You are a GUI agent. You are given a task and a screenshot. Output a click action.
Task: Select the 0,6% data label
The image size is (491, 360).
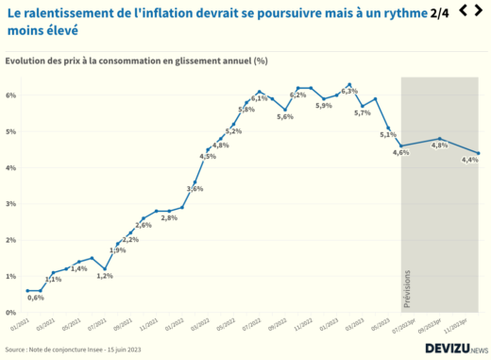[35, 298]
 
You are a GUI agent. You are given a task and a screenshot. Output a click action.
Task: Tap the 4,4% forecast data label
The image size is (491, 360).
[470, 160]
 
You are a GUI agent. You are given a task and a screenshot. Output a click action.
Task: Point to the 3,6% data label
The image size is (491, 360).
[195, 189]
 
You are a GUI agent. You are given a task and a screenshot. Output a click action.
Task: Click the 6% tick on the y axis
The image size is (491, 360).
[11, 95]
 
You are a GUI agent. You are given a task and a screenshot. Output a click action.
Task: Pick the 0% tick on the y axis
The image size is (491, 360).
[11, 312]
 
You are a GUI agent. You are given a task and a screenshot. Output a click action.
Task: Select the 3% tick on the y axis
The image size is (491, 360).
[11, 204]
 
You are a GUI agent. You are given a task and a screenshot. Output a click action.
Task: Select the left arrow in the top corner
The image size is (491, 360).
[463, 10]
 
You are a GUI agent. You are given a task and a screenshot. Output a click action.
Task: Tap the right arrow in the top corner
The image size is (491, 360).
[482, 10]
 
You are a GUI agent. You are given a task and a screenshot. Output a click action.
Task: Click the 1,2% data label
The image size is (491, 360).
[105, 276]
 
